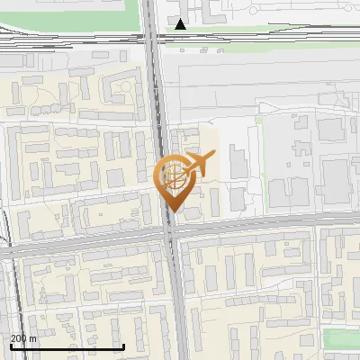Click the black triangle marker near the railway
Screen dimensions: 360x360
181,23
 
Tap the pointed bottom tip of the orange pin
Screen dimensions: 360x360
171,212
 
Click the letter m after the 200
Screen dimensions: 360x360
33,338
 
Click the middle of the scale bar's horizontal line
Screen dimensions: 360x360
67,346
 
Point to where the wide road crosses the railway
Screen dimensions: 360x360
155,38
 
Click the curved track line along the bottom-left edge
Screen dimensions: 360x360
11,297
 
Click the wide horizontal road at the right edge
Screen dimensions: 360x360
346,221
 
